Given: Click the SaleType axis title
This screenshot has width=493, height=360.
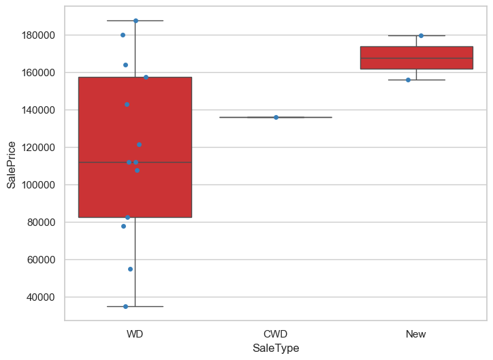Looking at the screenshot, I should pos(275,348).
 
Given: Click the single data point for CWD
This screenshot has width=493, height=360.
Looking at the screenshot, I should pos(276,117).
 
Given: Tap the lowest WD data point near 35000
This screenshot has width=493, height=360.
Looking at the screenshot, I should pos(125,306).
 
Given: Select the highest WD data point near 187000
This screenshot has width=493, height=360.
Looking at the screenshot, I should pos(136,20).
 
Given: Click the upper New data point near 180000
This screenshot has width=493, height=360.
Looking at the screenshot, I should pos(421,35).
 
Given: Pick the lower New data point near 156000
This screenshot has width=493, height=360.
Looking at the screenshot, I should pos(408,80).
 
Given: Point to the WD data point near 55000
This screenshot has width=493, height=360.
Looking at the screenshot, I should pos(130,269).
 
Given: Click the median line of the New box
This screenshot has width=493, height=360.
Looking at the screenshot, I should pos(416,58).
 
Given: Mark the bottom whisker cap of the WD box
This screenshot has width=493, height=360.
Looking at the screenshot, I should pos(135,306).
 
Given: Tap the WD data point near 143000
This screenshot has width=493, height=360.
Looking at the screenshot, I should pos(127,104).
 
